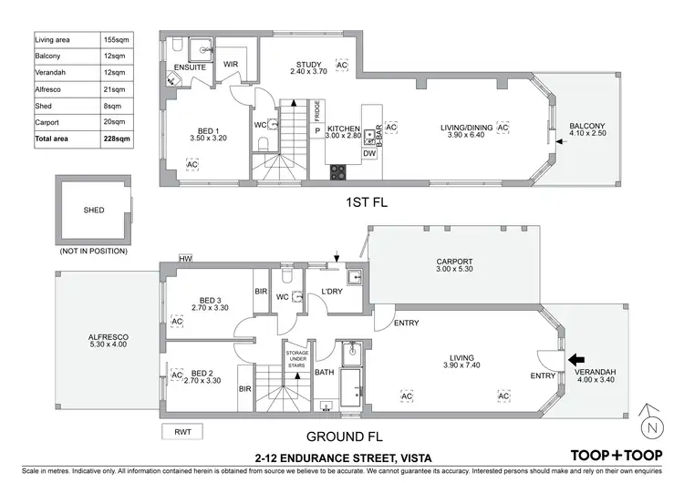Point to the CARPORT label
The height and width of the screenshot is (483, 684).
point(454,262)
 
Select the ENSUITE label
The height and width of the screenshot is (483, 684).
point(190,67)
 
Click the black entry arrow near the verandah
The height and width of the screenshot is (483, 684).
point(576,359)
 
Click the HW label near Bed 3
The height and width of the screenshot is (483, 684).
point(185,259)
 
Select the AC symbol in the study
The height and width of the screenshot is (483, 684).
point(342,66)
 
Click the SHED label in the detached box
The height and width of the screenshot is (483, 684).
point(93,211)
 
